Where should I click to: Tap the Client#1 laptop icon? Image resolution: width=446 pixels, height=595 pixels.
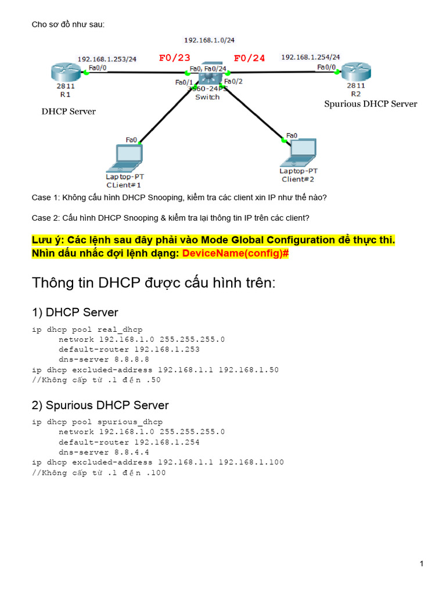(123, 157)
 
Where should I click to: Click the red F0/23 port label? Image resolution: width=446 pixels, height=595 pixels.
(174, 58)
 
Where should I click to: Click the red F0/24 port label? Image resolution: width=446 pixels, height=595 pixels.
(249, 58)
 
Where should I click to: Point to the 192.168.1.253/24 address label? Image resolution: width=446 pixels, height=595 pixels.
(107, 59)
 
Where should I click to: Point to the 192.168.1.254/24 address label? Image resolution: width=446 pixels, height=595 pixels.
(311, 57)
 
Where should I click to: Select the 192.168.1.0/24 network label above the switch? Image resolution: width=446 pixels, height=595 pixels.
(209, 40)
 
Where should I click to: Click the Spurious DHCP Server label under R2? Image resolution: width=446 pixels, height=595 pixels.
(371, 104)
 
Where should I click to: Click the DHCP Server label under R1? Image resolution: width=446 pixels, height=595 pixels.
(69, 112)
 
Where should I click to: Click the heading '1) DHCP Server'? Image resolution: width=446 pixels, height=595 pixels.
(75, 312)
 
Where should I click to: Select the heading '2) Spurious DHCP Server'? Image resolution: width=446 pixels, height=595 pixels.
(100, 405)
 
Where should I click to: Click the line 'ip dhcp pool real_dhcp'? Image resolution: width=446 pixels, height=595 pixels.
(87, 329)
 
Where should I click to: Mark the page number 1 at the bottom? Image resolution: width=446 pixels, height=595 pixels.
(421, 564)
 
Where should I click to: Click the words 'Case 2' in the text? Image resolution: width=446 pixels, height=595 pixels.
(45, 218)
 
